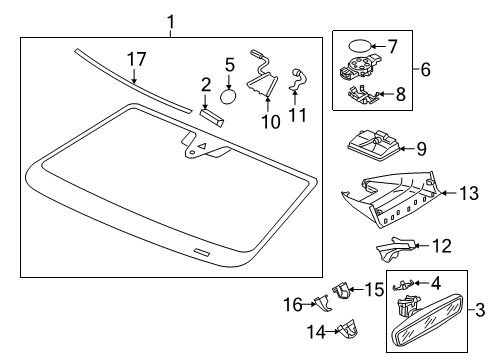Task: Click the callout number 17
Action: (x=137, y=59)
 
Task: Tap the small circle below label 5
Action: (x=228, y=96)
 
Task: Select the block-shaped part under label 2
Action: (x=212, y=117)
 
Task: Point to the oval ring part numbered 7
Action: (x=359, y=45)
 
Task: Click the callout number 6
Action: (x=425, y=70)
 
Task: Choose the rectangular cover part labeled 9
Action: (x=373, y=145)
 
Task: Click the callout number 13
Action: (x=469, y=193)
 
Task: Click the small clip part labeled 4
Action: (x=404, y=285)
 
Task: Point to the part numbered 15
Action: (x=341, y=290)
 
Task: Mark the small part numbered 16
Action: (x=323, y=303)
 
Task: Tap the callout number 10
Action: (x=271, y=122)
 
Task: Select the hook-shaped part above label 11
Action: (x=298, y=79)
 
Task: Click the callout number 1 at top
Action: (x=171, y=22)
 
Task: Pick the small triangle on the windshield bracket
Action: (x=202, y=145)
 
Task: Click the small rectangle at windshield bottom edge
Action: (x=202, y=252)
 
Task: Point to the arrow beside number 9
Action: (x=407, y=149)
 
